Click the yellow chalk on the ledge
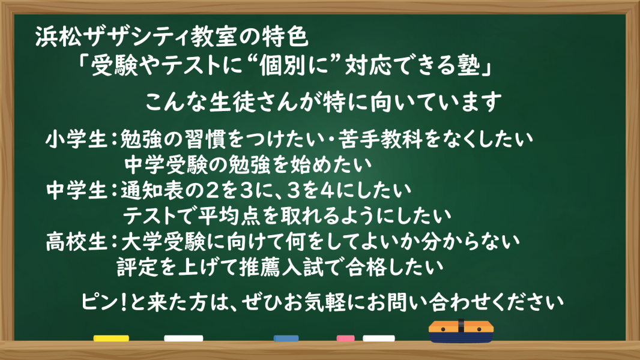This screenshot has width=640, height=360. point(111,338)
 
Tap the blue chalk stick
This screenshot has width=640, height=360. point(286,338)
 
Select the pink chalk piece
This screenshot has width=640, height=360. point(345,338)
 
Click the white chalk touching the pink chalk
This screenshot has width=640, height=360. point(379,338)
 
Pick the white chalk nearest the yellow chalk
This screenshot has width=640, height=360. point(184,338)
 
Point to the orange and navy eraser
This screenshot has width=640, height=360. point(461,331)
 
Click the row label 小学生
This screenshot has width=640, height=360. point(76,139)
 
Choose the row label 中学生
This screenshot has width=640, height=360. point(76,190)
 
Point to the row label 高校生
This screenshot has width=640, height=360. point(76,242)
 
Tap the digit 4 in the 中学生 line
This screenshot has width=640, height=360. point(328,190)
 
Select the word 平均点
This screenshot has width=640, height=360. point(229,216)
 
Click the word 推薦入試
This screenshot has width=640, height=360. point(281,268)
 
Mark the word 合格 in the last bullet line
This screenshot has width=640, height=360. point(366,268)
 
